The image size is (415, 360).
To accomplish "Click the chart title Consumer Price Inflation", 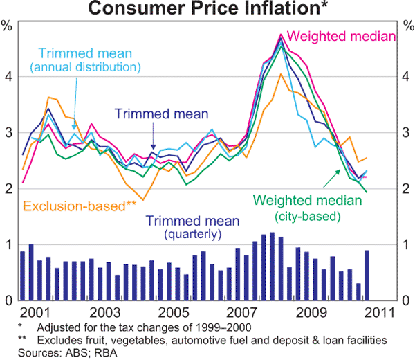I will [x=207, y=9].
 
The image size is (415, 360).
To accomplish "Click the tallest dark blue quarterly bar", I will [x=272, y=267].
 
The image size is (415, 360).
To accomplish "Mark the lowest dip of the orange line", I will [x=142, y=199].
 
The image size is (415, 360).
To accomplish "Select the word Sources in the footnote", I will [x=19, y=352].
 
